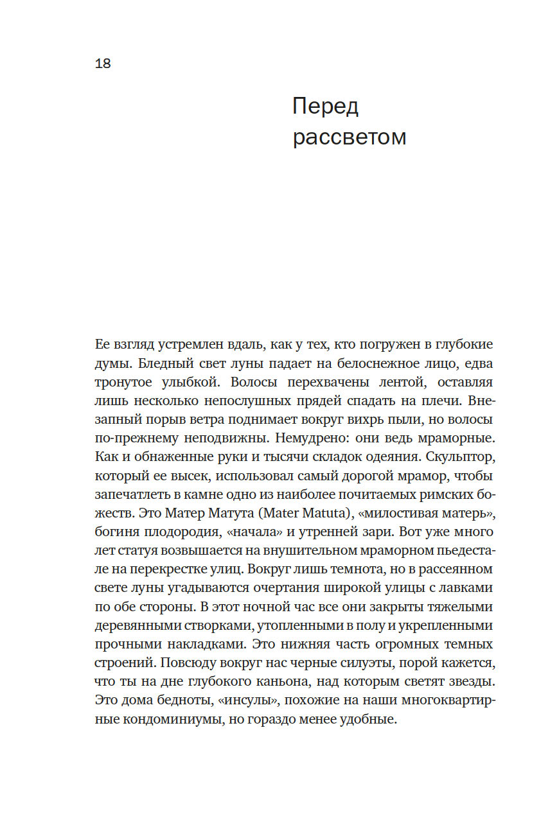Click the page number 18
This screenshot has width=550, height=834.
pyautogui.click(x=103, y=64)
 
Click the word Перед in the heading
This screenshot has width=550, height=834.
pyautogui.click(x=325, y=106)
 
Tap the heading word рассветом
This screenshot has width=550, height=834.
pyautogui.click(x=350, y=137)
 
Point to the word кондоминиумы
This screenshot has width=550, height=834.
pyautogui.click(x=173, y=719)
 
